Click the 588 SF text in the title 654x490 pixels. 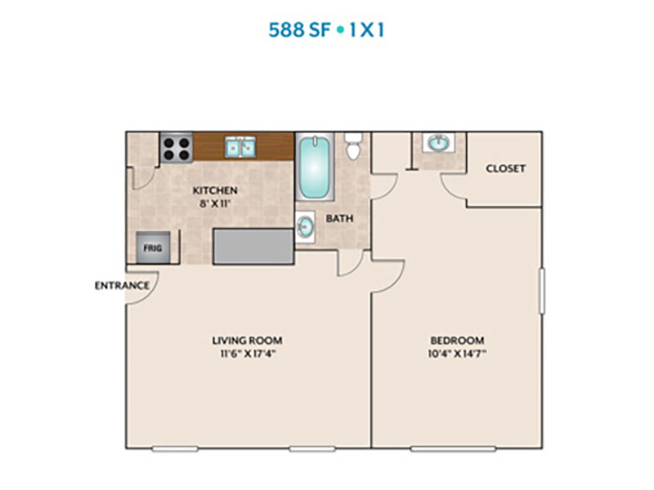click(299, 30)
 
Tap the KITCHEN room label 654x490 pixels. click(215, 190)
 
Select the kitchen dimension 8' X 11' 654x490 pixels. click(215, 203)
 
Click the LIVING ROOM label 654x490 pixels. click(248, 341)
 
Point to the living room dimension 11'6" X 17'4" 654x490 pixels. click(249, 354)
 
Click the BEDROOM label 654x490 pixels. click(458, 341)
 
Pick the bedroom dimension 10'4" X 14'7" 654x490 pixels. click(458, 354)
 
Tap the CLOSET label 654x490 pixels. click(505, 168)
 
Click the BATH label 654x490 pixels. click(339, 218)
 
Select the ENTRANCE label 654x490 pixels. click(122, 285)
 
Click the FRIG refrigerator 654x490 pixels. click(153, 248)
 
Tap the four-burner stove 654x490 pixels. click(176, 149)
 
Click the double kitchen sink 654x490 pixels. click(240, 147)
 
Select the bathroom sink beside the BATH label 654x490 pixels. click(306, 227)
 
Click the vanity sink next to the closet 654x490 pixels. click(437, 143)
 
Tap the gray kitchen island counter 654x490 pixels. click(253, 247)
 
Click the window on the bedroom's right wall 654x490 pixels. click(542, 291)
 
